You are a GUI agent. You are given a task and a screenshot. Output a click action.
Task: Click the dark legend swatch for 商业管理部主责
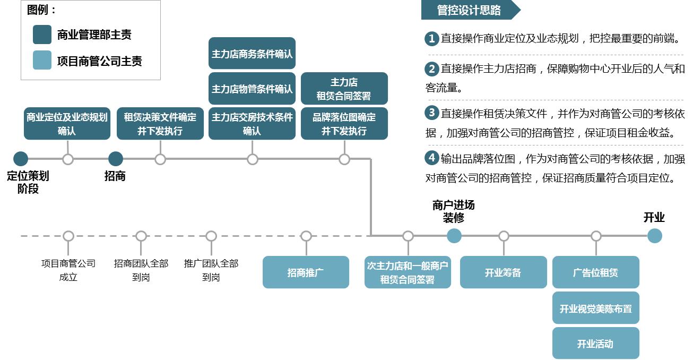point(42,35)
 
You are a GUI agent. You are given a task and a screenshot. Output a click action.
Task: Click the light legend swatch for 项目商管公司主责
point(42,61)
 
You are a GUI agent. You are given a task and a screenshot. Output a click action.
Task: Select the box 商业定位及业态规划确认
point(67,124)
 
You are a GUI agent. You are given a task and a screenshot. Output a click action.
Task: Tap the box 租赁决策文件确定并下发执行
point(160,124)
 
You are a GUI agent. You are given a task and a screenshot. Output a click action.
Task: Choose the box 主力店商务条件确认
point(252,54)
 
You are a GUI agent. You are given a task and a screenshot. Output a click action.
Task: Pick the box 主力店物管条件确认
point(252,89)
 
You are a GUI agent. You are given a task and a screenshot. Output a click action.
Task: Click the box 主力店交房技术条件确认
point(252,124)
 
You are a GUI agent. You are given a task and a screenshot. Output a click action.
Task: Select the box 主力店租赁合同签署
point(344,89)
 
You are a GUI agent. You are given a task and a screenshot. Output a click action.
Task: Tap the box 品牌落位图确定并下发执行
point(344,124)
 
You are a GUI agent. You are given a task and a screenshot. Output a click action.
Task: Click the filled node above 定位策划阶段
point(21,159)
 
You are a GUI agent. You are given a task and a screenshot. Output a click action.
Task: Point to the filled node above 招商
point(115,159)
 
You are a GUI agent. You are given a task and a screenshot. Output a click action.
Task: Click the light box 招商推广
point(306,272)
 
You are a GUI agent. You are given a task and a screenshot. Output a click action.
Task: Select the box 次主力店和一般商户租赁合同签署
point(408,272)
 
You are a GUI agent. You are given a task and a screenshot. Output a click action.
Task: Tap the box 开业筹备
point(503,272)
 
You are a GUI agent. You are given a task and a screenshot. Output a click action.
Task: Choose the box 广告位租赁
point(595,272)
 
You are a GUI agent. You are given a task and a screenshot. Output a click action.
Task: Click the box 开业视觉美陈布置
point(595,308)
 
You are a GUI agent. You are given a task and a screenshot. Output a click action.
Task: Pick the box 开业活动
point(595,344)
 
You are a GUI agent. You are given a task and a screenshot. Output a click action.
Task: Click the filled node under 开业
point(654,236)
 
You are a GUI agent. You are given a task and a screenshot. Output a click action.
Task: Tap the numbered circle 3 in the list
point(432,113)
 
